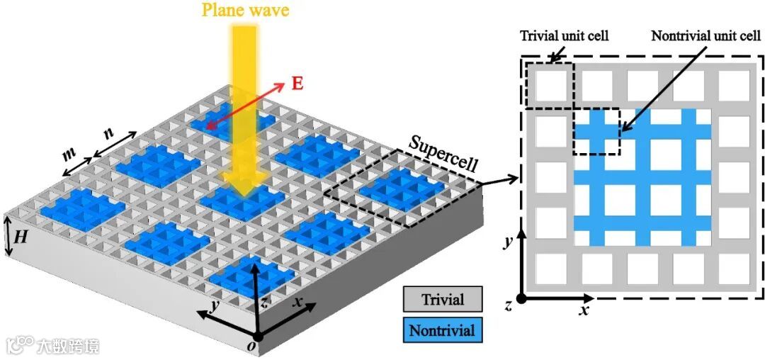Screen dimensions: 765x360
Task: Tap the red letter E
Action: click(x=297, y=83)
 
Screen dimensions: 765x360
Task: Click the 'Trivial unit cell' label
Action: click(x=565, y=35)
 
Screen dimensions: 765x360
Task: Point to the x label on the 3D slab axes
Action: click(x=300, y=301)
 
